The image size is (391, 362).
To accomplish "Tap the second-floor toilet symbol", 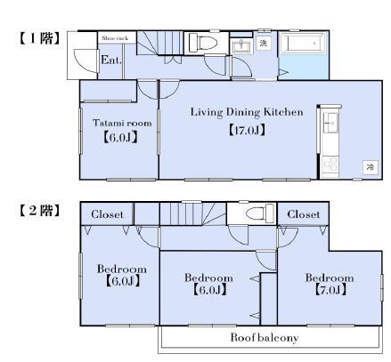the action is (x=260, y=213).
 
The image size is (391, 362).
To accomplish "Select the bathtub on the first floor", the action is (x=303, y=44).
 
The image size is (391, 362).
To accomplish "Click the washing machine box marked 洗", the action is (x=264, y=44).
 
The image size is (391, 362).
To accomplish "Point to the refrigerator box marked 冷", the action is (x=371, y=167).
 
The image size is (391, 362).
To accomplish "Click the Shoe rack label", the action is (x=115, y=38).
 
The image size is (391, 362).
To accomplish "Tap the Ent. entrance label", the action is (x=111, y=60).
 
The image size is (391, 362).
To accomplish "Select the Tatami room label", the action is (x=122, y=123).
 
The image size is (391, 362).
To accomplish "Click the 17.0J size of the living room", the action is (x=247, y=130).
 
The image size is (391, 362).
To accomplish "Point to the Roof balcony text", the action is (x=265, y=338).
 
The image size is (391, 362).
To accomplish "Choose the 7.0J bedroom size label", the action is (x=330, y=290).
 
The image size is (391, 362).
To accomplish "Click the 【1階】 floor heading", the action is (x=39, y=38).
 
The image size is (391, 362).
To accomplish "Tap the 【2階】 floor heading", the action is (x=39, y=211).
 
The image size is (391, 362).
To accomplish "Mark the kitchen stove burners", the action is (x=330, y=165).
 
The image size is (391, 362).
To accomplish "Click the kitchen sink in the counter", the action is (x=330, y=123).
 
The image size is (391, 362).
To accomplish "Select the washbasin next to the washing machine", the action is (x=241, y=46).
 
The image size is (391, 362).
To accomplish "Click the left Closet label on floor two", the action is (x=107, y=214).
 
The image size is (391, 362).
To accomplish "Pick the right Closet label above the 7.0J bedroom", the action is (x=304, y=214).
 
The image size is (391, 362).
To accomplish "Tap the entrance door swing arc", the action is (x=83, y=63).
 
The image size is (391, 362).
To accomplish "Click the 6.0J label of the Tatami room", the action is (x=120, y=138).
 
